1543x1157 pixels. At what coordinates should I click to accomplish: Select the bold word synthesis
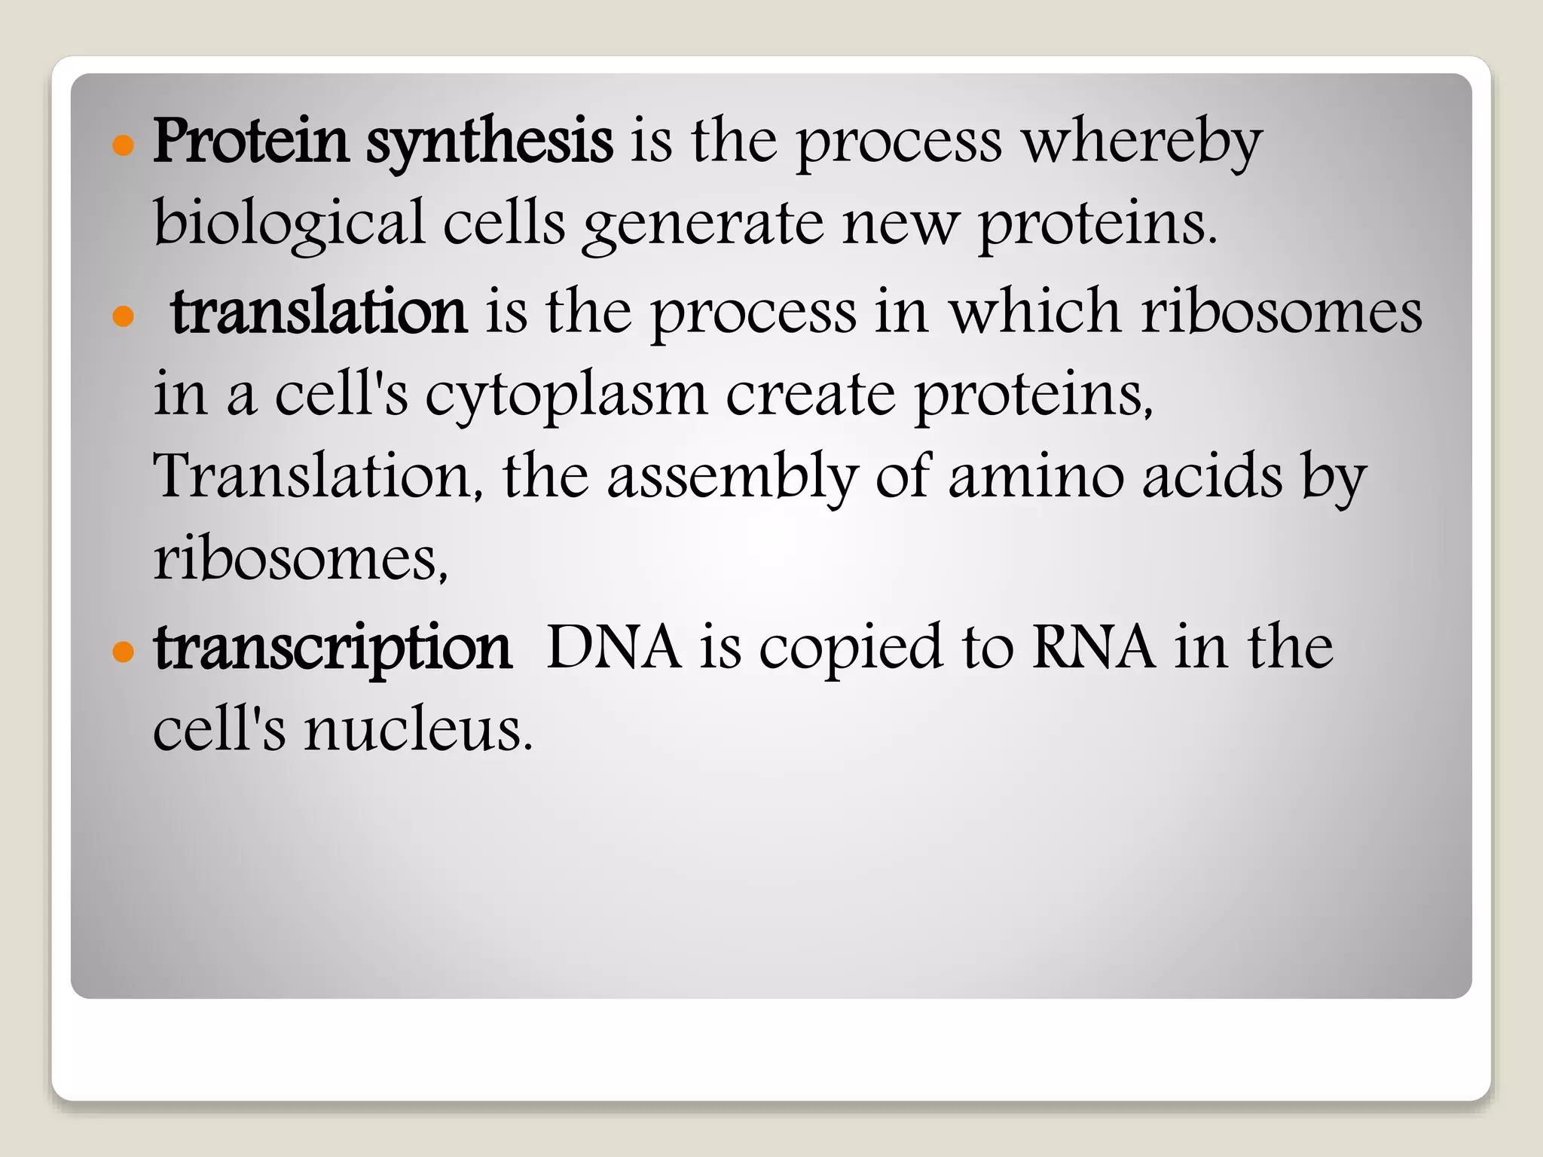coord(489,143)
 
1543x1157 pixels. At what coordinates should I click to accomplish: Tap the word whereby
coord(1141,143)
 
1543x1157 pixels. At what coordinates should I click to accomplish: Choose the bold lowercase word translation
coord(319,311)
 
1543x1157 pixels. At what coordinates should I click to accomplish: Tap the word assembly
coord(732,479)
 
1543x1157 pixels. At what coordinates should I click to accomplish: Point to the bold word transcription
coord(333,649)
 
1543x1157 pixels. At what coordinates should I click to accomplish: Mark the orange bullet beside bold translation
coord(122,316)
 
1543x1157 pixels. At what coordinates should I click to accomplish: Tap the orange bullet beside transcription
coord(122,652)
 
